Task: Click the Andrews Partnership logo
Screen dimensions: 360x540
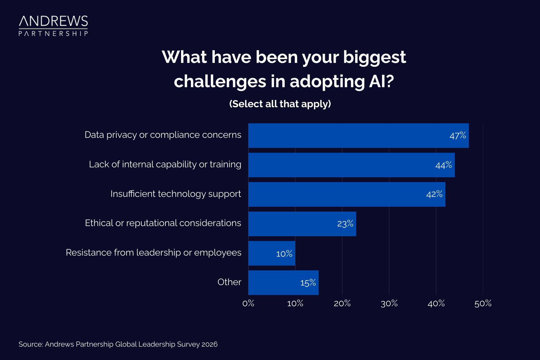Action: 53,25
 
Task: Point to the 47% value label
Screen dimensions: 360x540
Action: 457,136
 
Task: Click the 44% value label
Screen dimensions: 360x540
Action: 443,165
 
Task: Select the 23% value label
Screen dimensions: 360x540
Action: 345,224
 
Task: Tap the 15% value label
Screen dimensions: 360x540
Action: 308,283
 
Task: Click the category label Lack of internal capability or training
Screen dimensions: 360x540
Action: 165,165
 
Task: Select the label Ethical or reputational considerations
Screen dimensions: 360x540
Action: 163,223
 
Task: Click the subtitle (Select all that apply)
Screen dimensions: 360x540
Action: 280,104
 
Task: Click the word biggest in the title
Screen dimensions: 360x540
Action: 374,57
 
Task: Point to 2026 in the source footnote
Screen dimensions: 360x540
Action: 209,344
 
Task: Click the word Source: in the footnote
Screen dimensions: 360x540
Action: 31,344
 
